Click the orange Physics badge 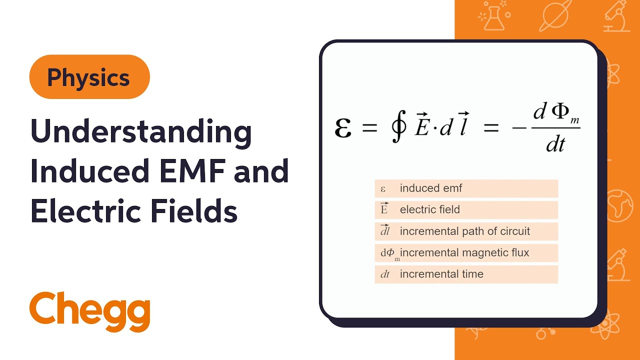tap(89, 77)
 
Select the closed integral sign tap(399, 128)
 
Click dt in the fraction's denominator tap(555, 144)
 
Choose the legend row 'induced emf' tap(466, 188)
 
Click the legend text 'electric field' tap(429, 210)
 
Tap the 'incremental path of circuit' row tap(466, 231)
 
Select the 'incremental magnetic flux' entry tap(466, 253)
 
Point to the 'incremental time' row tap(466, 274)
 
